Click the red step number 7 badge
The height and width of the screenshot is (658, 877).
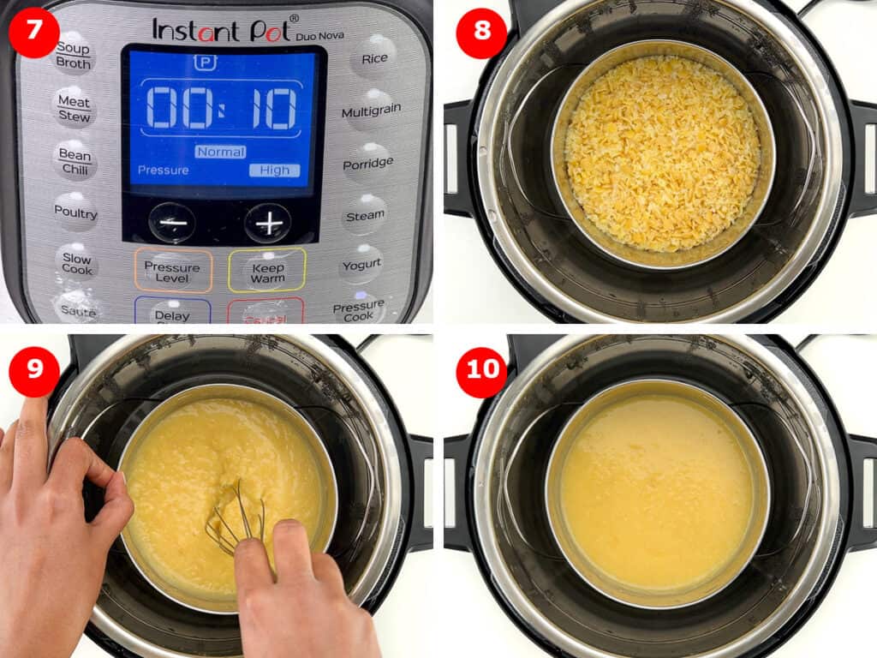[34, 33]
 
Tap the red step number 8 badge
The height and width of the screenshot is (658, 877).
[480, 33]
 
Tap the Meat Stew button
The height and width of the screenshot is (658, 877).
[74, 108]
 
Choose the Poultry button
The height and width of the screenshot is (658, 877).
[75, 212]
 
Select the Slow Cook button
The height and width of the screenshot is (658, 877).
[76, 264]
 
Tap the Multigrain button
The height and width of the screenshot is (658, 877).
[371, 112]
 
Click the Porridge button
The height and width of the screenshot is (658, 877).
[368, 163]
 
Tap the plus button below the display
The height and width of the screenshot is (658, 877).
[268, 224]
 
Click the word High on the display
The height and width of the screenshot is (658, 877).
[275, 170]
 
